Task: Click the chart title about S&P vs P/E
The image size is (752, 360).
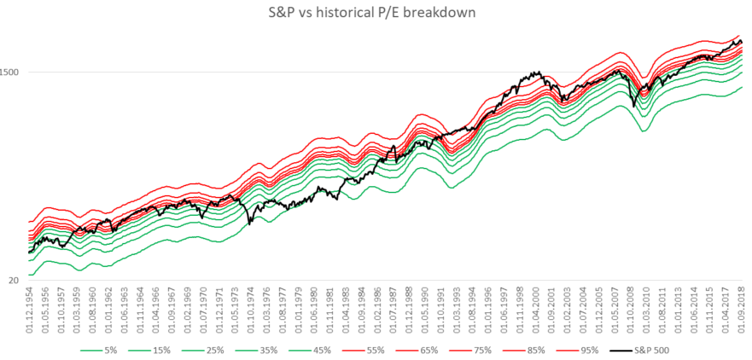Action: (376, 14)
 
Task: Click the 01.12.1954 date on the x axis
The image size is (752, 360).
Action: (32, 310)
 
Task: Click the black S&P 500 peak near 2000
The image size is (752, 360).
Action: (535, 73)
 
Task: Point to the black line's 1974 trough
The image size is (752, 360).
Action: (250, 224)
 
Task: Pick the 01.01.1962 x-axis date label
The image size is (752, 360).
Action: (108, 310)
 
